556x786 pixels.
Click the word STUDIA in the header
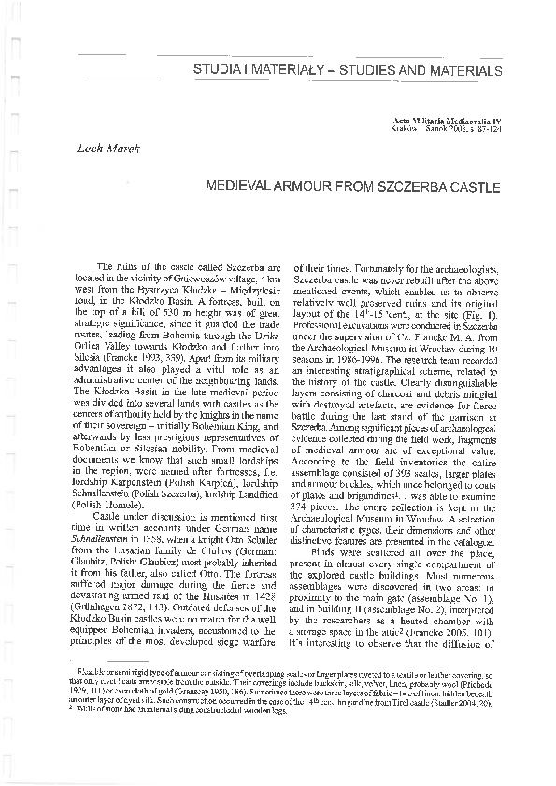[x=218, y=70]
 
